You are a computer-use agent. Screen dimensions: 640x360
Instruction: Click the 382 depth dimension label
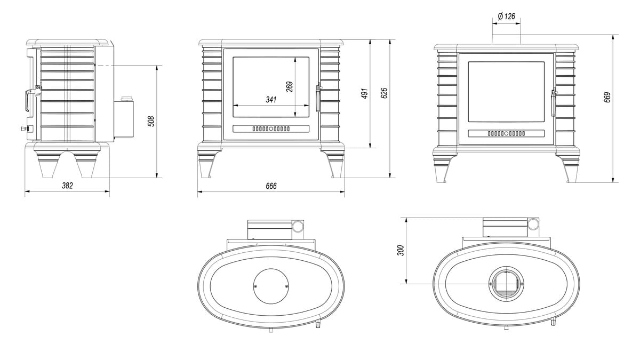[67, 186]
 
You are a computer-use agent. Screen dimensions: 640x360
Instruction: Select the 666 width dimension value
[271, 186]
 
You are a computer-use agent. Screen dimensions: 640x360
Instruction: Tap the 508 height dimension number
[151, 121]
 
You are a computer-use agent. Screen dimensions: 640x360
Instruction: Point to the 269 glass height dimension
[290, 87]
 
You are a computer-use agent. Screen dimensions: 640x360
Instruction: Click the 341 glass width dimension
[271, 99]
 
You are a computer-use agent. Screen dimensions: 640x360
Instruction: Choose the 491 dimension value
[365, 93]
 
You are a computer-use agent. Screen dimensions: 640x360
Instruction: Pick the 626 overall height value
[385, 93]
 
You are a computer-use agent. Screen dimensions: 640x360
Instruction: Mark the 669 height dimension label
[607, 97]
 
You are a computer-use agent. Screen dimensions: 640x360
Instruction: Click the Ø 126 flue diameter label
[506, 17]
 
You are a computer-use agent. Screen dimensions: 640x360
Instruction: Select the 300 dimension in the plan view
[401, 251]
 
